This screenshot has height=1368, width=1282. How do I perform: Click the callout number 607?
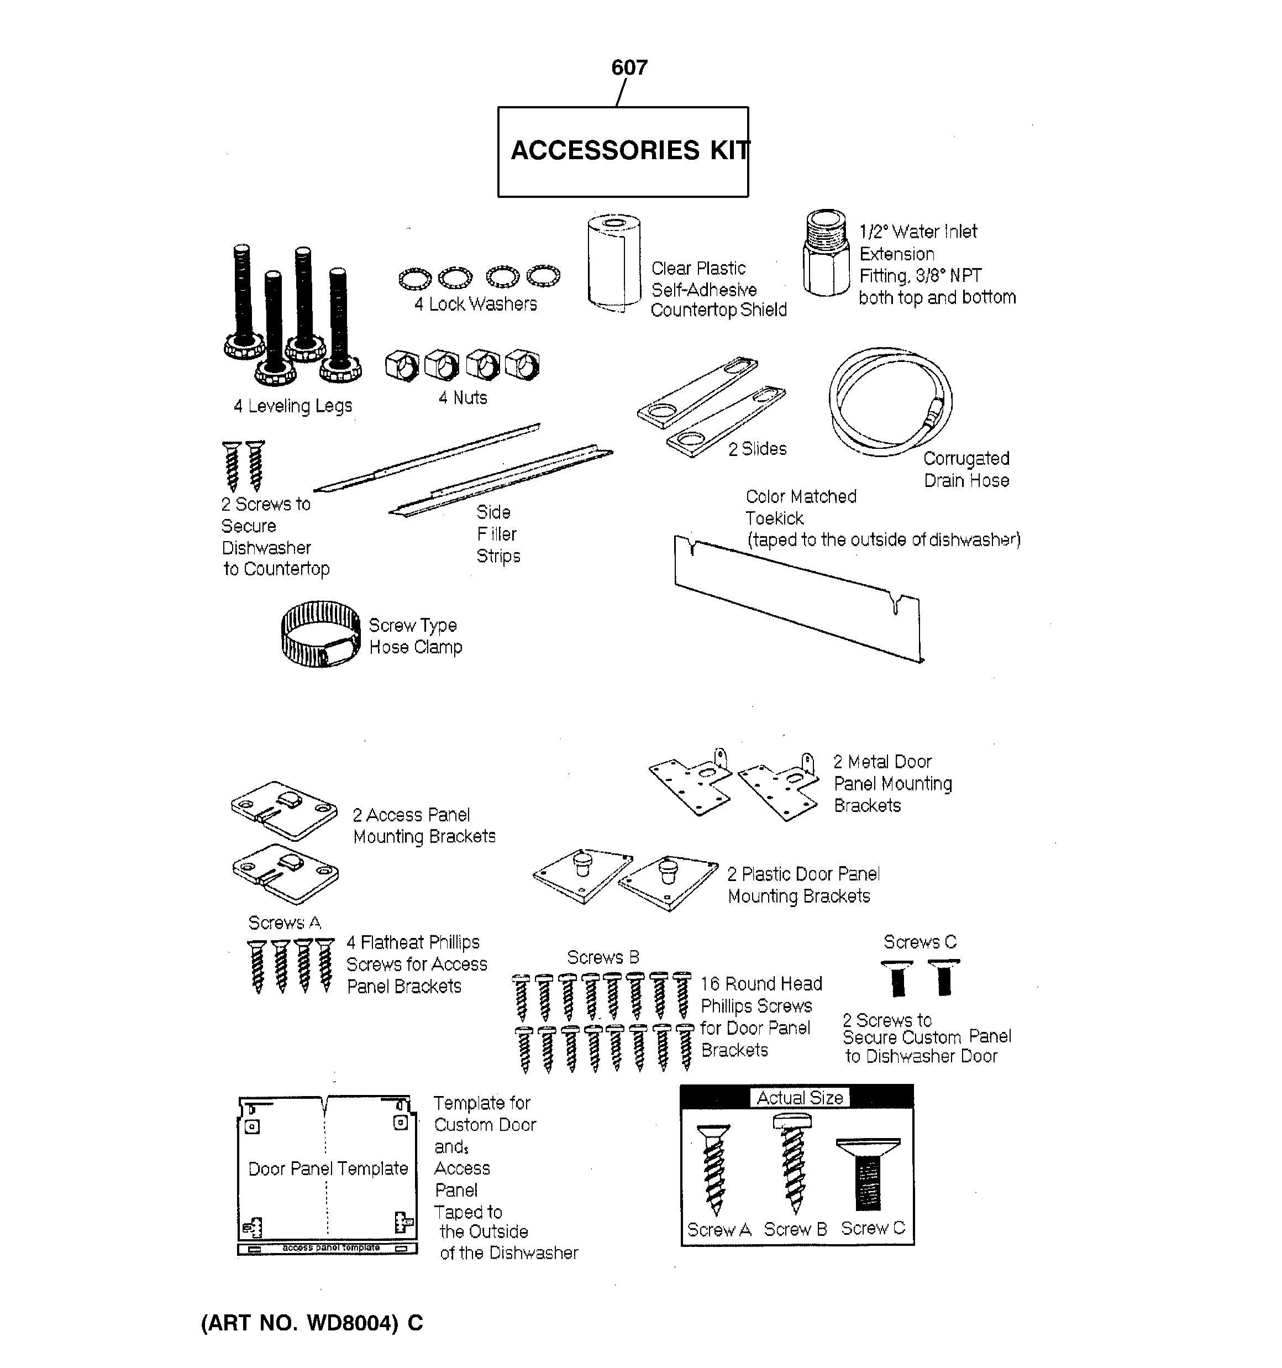tap(629, 67)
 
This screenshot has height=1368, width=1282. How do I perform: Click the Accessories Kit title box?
tap(623, 151)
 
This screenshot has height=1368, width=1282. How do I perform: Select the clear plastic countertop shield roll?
tap(614, 264)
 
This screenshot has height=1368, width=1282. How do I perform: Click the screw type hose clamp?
tap(320, 634)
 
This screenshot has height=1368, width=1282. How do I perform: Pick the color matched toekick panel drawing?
tap(798, 598)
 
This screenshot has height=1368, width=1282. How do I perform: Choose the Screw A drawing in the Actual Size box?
tap(715, 1169)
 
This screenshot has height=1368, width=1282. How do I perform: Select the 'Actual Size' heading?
tap(800, 1098)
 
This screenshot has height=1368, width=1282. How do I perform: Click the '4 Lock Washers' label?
tap(476, 304)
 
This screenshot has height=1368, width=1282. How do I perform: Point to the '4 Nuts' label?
tap(463, 398)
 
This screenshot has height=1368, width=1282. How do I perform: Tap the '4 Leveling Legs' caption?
tap(292, 406)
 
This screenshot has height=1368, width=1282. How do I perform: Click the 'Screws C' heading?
tap(920, 941)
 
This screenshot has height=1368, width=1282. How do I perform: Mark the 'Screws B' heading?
tap(603, 957)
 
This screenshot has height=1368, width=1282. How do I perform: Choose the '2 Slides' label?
tap(757, 449)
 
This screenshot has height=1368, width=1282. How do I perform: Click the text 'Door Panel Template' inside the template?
tap(328, 1168)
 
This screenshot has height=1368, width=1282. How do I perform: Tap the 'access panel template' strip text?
tap(331, 1248)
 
